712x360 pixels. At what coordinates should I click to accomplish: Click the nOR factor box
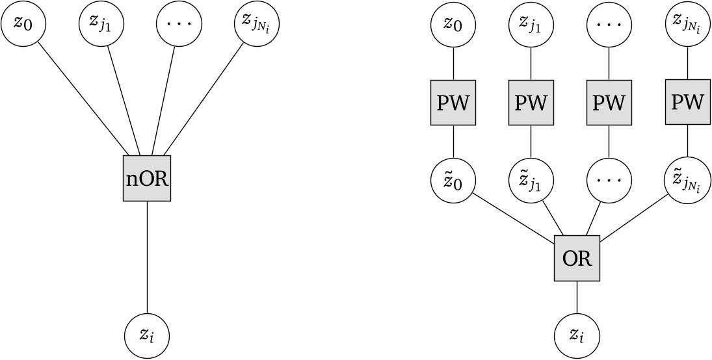pos(147,178)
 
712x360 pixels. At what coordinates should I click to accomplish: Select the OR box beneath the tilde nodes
pos(577,258)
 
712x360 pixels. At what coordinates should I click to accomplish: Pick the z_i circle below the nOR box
pos(147,336)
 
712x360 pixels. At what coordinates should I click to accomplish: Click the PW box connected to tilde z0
pos(454,102)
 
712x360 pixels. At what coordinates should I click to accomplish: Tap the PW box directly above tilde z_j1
pos(531,102)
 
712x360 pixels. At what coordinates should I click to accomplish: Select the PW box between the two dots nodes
pos(609,102)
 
